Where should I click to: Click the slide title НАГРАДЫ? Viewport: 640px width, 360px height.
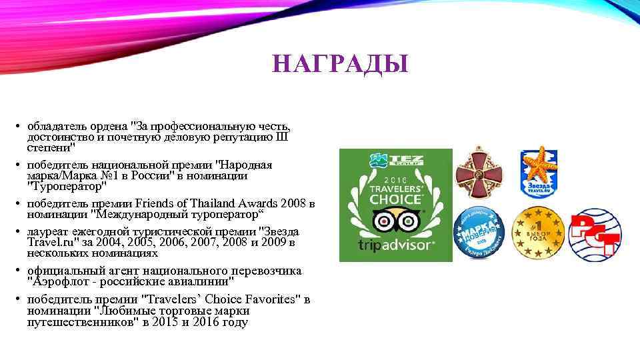click(x=340, y=65)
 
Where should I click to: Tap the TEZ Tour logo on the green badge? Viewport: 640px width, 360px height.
click(x=395, y=161)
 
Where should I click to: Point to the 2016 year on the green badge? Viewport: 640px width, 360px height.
click(x=395, y=179)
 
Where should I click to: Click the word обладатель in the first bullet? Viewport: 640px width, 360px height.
click(x=51, y=125)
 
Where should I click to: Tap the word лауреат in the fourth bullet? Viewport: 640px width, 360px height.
click(x=45, y=231)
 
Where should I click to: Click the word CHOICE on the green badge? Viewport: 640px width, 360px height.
click(x=395, y=199)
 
